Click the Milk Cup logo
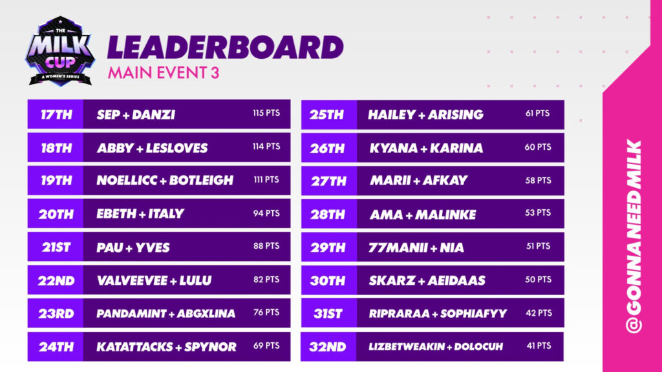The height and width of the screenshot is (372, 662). (x=59, y=51)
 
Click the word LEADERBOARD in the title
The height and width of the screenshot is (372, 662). (x=225, y=48)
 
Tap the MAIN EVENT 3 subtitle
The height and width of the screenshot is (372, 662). (x=164, y=72)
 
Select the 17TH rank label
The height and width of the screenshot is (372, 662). (x=56, y=115)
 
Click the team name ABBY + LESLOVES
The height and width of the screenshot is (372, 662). (x=153, y=148)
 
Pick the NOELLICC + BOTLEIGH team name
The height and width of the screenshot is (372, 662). (x=165, y=181)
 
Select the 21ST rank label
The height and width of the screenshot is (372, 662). (x=56, y=247)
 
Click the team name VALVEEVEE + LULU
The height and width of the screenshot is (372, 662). (x=154, y=280)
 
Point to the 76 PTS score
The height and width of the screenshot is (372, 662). (x=266, y=313)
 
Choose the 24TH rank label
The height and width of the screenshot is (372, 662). (x=56, y=347)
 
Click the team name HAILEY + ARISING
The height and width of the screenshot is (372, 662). (x=425, y=115)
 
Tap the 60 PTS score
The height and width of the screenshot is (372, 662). (x=538, y=147)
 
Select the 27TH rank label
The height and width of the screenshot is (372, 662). (x=329, y=181)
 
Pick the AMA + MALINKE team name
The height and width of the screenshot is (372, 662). (x=423, y=214)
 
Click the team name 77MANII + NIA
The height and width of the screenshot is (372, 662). (x=416, y=247)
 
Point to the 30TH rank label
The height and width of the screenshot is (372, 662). (x=329, y=281)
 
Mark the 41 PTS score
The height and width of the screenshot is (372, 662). (x=538, y=346)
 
